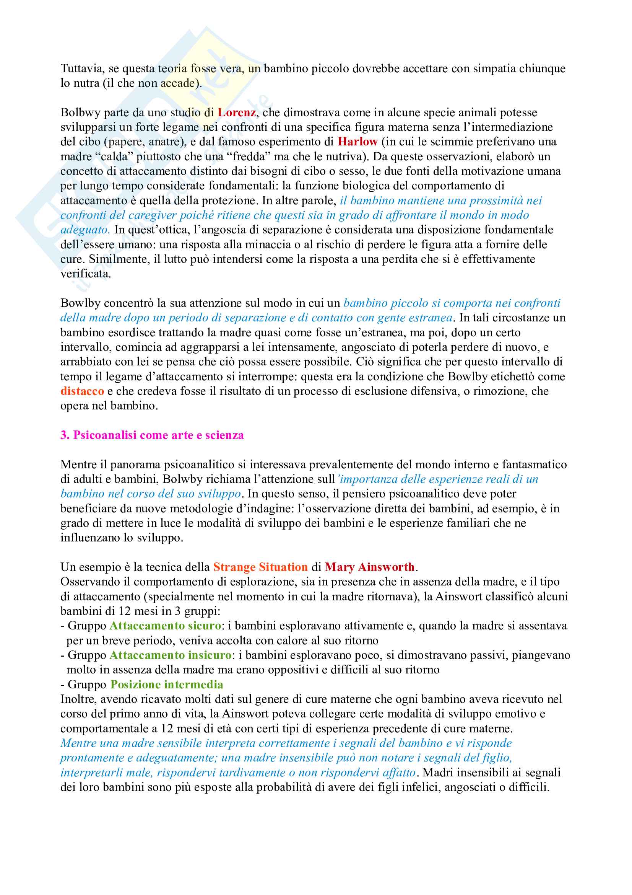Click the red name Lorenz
236,112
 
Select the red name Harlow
357,142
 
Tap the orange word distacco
82,391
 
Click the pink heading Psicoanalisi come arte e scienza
152,435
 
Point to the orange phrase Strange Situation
260,567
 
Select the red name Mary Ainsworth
370,567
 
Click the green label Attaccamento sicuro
166,626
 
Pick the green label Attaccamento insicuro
171,655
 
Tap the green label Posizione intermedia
167,685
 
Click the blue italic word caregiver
152,215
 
